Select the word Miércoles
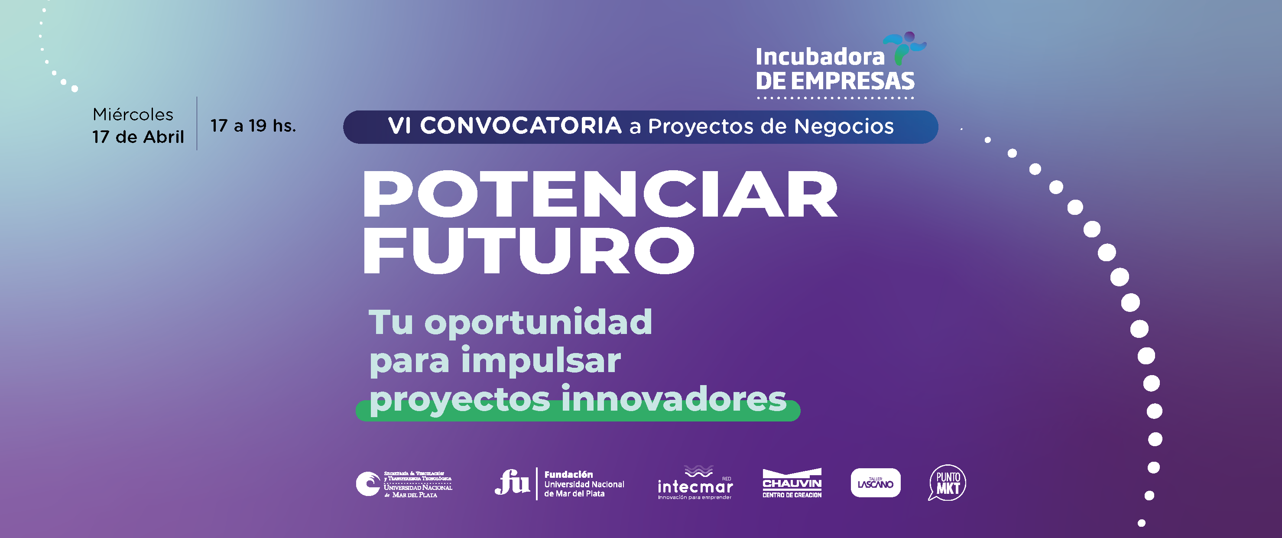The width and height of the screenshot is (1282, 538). pos(133,114)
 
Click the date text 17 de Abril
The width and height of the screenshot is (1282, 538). pos(138,136)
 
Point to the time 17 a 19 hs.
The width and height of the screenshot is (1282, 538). pos(253,126)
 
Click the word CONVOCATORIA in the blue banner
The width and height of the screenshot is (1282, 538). pos(521,126)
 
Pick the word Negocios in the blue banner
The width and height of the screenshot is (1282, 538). pos(844,126)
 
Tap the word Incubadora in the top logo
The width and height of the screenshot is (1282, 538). pos(820,57)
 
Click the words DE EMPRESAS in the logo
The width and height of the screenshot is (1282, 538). pos(835,81)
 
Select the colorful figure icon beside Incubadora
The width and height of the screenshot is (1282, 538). pos(904,48)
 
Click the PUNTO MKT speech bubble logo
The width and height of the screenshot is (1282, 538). pos(947,482)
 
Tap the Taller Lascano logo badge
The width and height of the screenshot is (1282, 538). pos(876,483)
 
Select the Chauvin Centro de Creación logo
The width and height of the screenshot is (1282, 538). pos(792,483)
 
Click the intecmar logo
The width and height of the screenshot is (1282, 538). pos(695,483)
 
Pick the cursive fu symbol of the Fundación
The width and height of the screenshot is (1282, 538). pos(512,482)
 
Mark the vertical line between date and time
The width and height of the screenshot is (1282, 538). pos(197,123)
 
